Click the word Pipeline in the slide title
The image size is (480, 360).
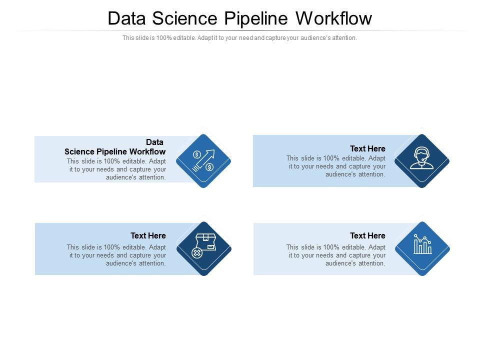[x=256, y=18]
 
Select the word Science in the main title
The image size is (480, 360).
[x=184, y=18]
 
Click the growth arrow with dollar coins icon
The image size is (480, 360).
[x=203, y=161]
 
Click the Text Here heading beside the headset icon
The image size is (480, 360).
[x=367, y=148]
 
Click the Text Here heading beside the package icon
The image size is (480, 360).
[x=148, y=235]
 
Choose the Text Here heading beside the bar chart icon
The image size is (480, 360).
[x=367, y=235]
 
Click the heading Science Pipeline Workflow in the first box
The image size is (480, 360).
[x=115, y=151]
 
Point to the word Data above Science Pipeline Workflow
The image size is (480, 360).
[x=154, y=142]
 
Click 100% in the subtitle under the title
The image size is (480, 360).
[x=163, y=38]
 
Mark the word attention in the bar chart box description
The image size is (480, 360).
[x=372, y=263]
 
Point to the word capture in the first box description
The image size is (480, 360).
[x=142, y=169]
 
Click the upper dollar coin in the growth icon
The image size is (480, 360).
[x=197, y=154]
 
